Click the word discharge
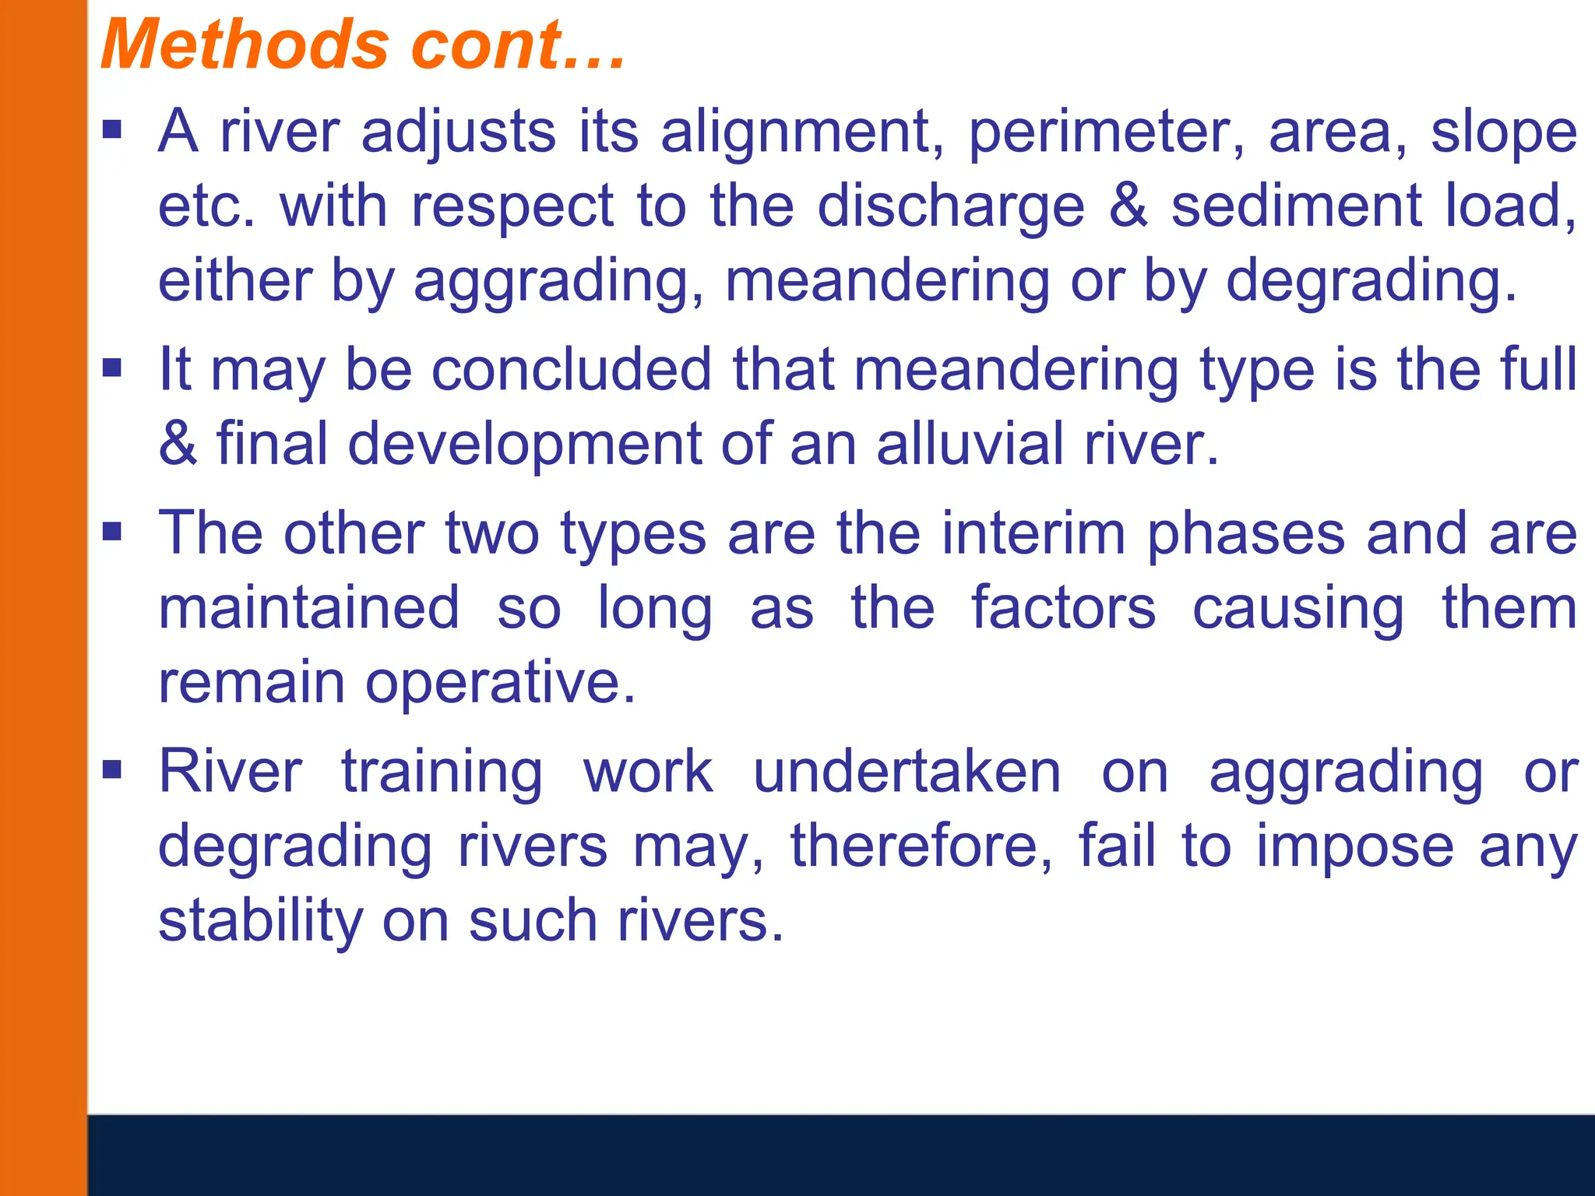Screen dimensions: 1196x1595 (951, 206)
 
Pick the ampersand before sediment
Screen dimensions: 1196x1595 (1128, 206)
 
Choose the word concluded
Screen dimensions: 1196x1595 (572, 369)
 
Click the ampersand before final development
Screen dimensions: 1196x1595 (178, 444)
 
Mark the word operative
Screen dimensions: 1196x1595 (500, 682)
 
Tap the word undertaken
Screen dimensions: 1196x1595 (907, 772)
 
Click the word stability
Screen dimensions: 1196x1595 (261, 921)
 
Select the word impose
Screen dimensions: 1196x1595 (1355, 846)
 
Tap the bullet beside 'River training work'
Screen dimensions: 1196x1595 (113, 770)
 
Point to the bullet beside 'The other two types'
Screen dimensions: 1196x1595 (113, 532)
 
